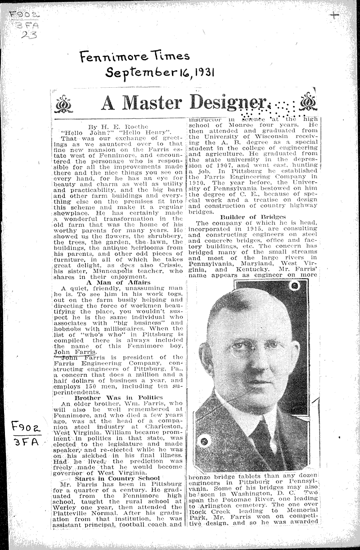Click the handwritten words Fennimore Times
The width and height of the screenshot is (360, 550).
pos(135,57)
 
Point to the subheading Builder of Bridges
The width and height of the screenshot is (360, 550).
pos(253,216)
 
